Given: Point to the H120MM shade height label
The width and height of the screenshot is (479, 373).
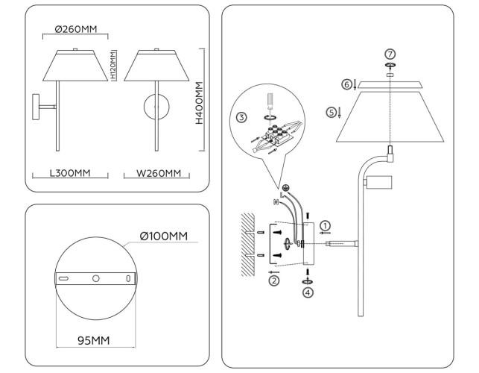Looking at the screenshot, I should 112,66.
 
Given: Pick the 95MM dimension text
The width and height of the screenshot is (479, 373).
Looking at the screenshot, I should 94,340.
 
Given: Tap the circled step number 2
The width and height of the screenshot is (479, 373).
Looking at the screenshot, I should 273,280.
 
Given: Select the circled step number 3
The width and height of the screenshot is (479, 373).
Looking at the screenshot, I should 241,117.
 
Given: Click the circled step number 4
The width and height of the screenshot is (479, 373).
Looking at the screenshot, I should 308,292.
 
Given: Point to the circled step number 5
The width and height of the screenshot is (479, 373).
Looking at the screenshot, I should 331,112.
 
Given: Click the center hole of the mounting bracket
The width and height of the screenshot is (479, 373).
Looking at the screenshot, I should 95,278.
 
